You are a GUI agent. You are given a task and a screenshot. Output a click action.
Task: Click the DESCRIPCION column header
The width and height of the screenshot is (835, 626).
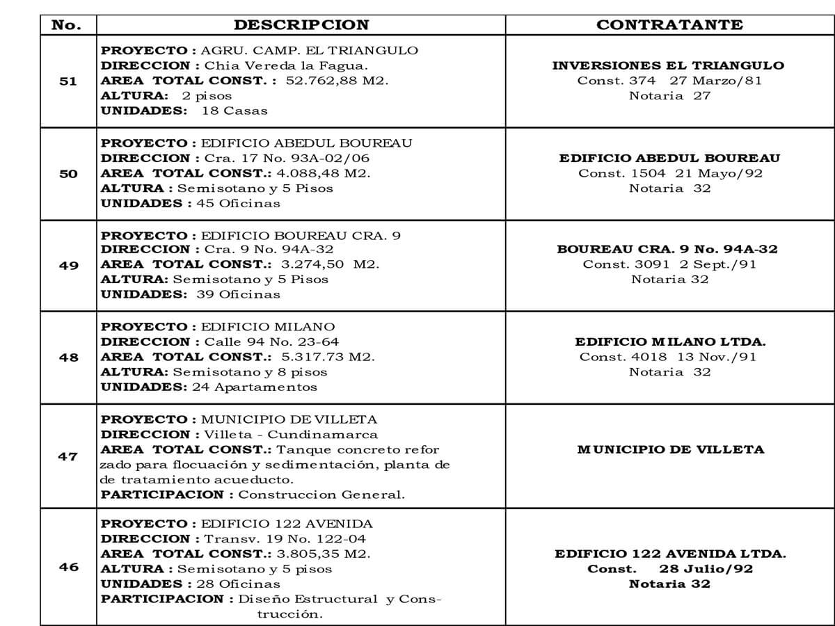pyautogui.click(x=301, y=25)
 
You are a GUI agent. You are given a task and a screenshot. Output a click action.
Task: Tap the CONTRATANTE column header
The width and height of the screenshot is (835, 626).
pyautogui.click(x=669, y=25)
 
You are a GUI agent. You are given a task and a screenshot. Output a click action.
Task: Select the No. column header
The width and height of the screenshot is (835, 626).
pyautogui.click(x=67, y=25)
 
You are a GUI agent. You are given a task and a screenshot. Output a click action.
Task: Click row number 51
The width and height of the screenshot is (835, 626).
pyautogui.click(x=68, y=81)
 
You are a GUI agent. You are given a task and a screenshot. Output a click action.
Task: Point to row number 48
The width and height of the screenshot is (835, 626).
pyautogui.click(x=68, y=358)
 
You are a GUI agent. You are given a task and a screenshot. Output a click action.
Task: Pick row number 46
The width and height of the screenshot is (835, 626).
pyautogui.click(x=68, y=567)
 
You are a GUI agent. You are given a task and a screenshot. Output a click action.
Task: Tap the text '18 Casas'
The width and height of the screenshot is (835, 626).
pyautogui.click(x=234, y=111)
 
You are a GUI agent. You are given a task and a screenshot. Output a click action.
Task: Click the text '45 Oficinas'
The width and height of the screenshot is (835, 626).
pyautogui.click(x=239, y=204)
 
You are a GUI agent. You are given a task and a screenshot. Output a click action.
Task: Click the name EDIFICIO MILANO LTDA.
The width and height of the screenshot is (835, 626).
pyautogui.click(x=669, y=342)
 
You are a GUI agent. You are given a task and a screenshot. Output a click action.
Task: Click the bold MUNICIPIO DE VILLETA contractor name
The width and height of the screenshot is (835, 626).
pyautogui.click(x=670, y=449)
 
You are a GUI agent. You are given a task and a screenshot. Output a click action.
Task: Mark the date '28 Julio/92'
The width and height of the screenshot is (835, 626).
pyautogui.click(x=706, y=569)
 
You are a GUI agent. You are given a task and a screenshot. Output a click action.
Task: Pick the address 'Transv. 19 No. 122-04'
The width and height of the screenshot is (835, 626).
pyautogui.click(x=285, y=539)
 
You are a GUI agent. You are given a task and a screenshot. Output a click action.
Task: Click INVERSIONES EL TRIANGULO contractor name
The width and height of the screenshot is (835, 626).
pyautogui.click(x=668, y=65)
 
